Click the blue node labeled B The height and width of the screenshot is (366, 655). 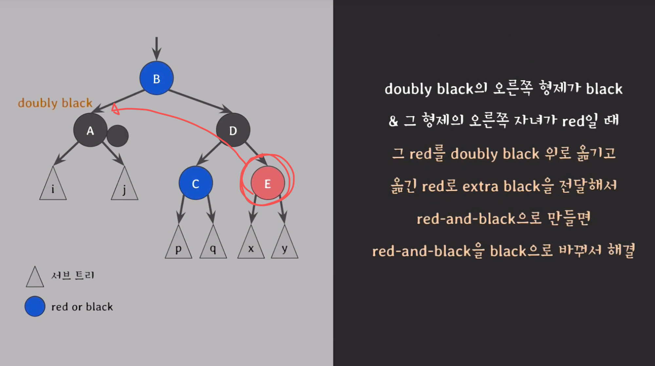pyautogui.click(x=157, y=78)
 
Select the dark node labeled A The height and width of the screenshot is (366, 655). pyautogui.click(x=90, y=130)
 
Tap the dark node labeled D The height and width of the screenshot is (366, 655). pyautogui.click(x=233, y=130)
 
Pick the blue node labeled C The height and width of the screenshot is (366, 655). pyautogui.click(x=196, y=183)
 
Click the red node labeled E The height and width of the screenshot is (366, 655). pyautogui.click(x=268, y=183)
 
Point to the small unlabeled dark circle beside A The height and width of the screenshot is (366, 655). pyautogui.click(x=118, y=136)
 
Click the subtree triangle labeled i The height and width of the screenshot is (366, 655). pyautogui.click(x=53, y=187)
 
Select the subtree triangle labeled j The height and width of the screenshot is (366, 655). pyautogui.click(x=124, y=187)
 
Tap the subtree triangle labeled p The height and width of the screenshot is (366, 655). pyautogui.click(x=178, y=246)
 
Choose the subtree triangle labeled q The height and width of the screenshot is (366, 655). pyautogui.click(x=213, y=246)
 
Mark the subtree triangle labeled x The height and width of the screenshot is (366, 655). pyautogui.click(x=251, y=246)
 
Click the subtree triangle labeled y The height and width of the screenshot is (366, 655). pyautogui.click(x=285, y=246)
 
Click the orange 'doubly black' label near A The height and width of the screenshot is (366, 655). pyautogui.click(x=55, y=103)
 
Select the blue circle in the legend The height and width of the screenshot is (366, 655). pyautogui.click(x=35, y=306)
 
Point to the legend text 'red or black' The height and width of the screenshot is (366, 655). pyautogui.click(x=82, y=307)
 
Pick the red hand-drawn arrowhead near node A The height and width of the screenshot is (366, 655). pyautogui.click(x=115, y=109)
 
